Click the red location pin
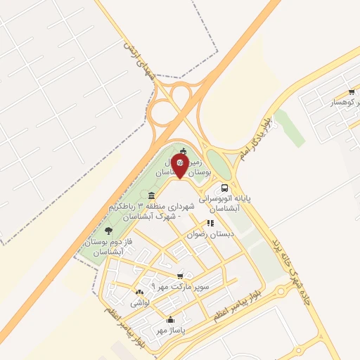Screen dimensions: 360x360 [x=179, y=167]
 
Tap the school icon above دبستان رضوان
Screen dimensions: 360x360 [x=210, y=223]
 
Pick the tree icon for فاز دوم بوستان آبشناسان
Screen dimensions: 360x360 [x=108, y=230]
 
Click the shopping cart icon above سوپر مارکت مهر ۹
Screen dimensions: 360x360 [x=181, y=276]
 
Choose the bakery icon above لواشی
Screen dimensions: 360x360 [x=138, y=292]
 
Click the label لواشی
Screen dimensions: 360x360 [x=139, y=303]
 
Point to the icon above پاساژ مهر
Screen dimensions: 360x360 [x=169, y=320]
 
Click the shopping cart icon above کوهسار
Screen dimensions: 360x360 [x=351, y=92]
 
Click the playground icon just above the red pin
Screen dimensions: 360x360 [x=184, y=151]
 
